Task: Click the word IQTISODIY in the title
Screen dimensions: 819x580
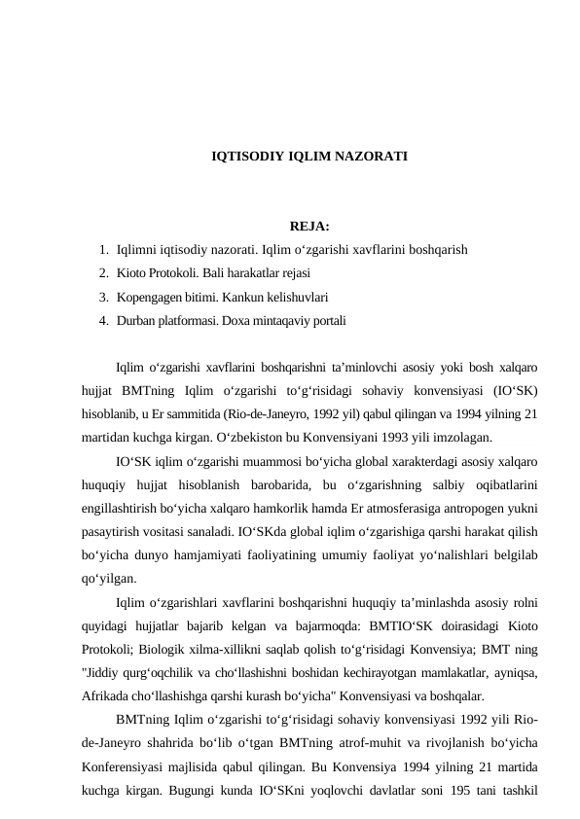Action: click(x=241, y=156)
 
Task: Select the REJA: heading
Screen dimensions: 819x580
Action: click(x=308, y=229)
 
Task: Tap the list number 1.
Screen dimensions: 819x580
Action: click(x=102, y=249)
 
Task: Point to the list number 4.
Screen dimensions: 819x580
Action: click(x=102, y=319)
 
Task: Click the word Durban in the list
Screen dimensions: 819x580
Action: click(x=134, y=319)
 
